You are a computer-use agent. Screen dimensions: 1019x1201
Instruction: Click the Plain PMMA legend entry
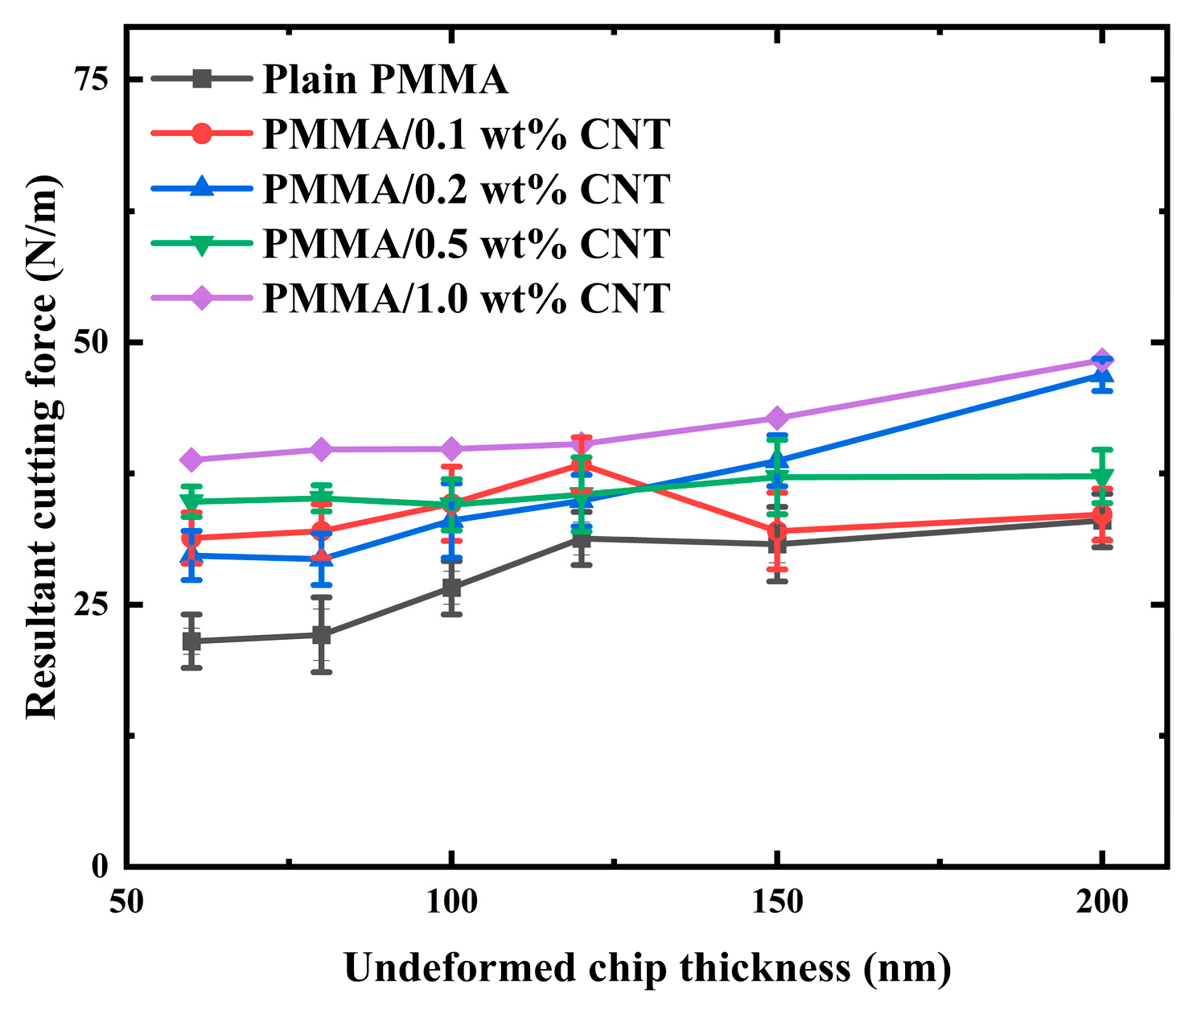385,79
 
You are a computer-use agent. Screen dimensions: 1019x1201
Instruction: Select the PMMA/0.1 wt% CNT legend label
466,134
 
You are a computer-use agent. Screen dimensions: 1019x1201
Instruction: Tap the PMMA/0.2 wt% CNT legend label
466,188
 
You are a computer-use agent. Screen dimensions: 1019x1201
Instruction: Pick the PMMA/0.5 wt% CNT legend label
466,243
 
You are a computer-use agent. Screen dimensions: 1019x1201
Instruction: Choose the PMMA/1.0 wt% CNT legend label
466,298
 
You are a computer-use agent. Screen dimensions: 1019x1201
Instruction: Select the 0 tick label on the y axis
101,867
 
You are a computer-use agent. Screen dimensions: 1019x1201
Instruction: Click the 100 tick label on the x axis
451,902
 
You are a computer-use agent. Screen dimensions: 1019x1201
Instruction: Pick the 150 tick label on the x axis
776,902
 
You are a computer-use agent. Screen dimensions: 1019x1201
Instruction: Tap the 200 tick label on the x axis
1101,902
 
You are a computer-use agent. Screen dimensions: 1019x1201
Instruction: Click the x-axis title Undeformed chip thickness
648,967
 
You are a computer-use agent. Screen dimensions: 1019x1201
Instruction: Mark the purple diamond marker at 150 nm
777,418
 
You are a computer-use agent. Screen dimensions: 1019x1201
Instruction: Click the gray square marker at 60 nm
191,641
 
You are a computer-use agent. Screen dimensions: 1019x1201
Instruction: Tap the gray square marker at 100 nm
451,588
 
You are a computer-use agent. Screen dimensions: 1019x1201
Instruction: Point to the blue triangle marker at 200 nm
1102,375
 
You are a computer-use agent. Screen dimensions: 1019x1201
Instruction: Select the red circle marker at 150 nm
777,531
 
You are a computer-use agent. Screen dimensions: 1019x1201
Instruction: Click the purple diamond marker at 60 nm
191,460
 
